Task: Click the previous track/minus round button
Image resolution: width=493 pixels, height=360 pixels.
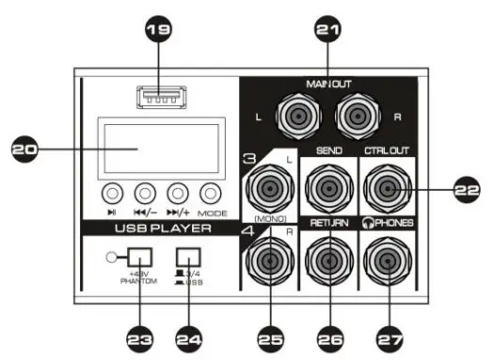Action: coord(145,194)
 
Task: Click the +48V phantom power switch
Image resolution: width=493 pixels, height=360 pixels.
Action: coord(140,257)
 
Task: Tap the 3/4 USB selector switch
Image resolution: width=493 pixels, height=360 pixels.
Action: coord(190,257)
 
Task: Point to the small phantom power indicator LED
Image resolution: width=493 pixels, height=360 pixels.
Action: coord(115,257)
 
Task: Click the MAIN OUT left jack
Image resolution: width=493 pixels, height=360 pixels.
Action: coord(293,117)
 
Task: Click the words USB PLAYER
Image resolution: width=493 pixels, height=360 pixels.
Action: coord(157,227)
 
